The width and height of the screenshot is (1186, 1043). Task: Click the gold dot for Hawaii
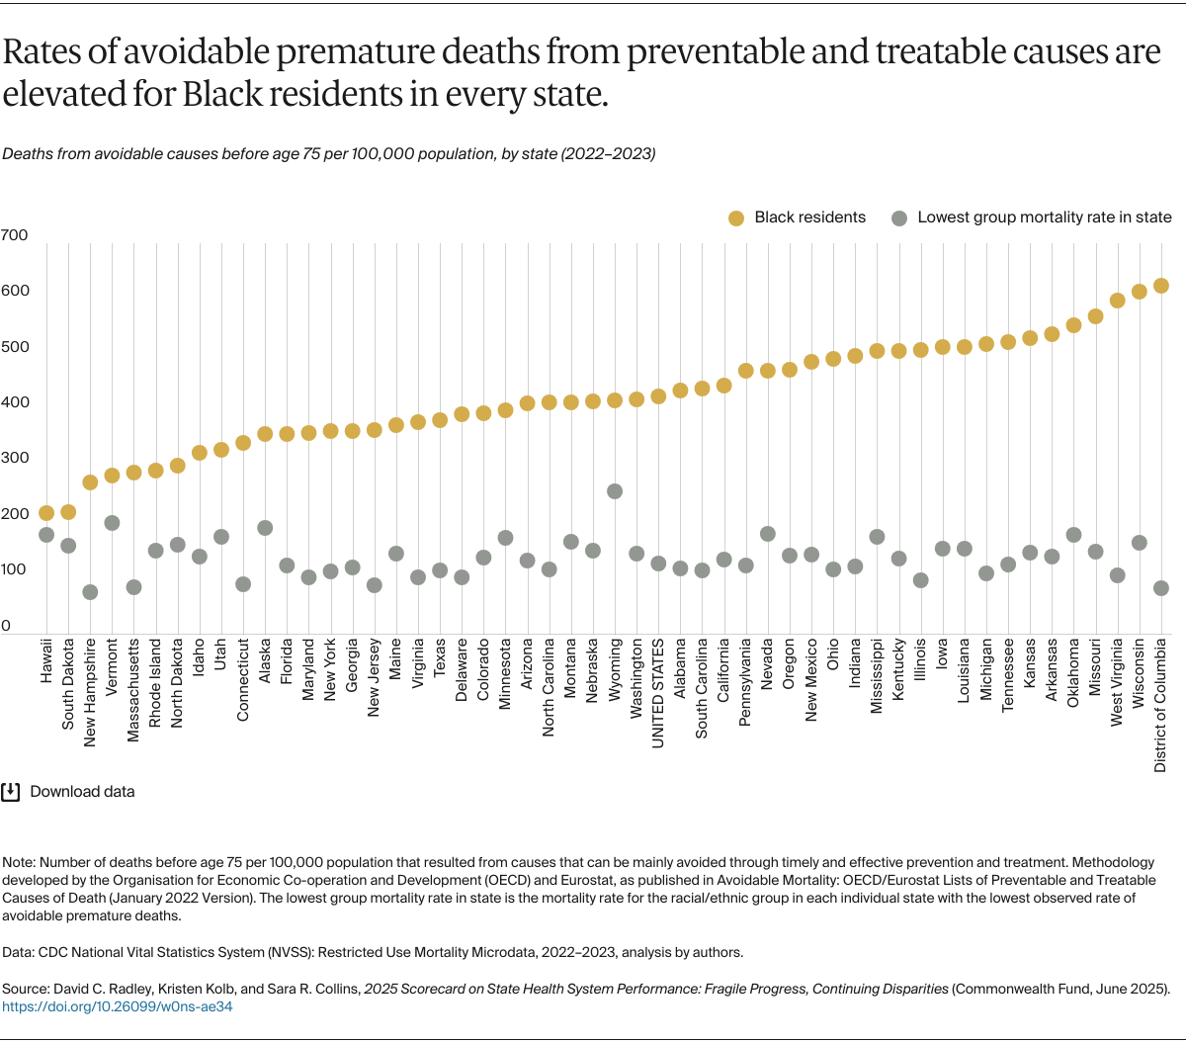46,513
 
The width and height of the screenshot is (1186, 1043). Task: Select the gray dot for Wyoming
615,491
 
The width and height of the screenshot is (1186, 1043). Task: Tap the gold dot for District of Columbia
1161,286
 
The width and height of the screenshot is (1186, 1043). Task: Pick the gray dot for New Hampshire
90,592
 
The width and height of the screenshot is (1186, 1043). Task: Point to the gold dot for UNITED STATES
658,396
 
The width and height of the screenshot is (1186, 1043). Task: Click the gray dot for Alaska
265,528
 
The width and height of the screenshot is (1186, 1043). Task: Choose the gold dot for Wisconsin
1139,292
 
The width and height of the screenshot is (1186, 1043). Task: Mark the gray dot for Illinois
920,580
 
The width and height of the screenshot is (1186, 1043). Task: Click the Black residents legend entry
797,217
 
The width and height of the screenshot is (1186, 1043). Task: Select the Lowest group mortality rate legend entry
1032,217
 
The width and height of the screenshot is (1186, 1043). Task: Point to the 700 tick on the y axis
15,235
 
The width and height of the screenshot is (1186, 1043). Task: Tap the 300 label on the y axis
15,459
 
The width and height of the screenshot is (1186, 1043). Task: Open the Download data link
82,792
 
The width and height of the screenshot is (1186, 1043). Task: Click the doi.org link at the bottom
118,1006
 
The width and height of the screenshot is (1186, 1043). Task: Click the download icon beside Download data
11,792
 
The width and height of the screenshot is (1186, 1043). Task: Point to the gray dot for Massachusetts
133,587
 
